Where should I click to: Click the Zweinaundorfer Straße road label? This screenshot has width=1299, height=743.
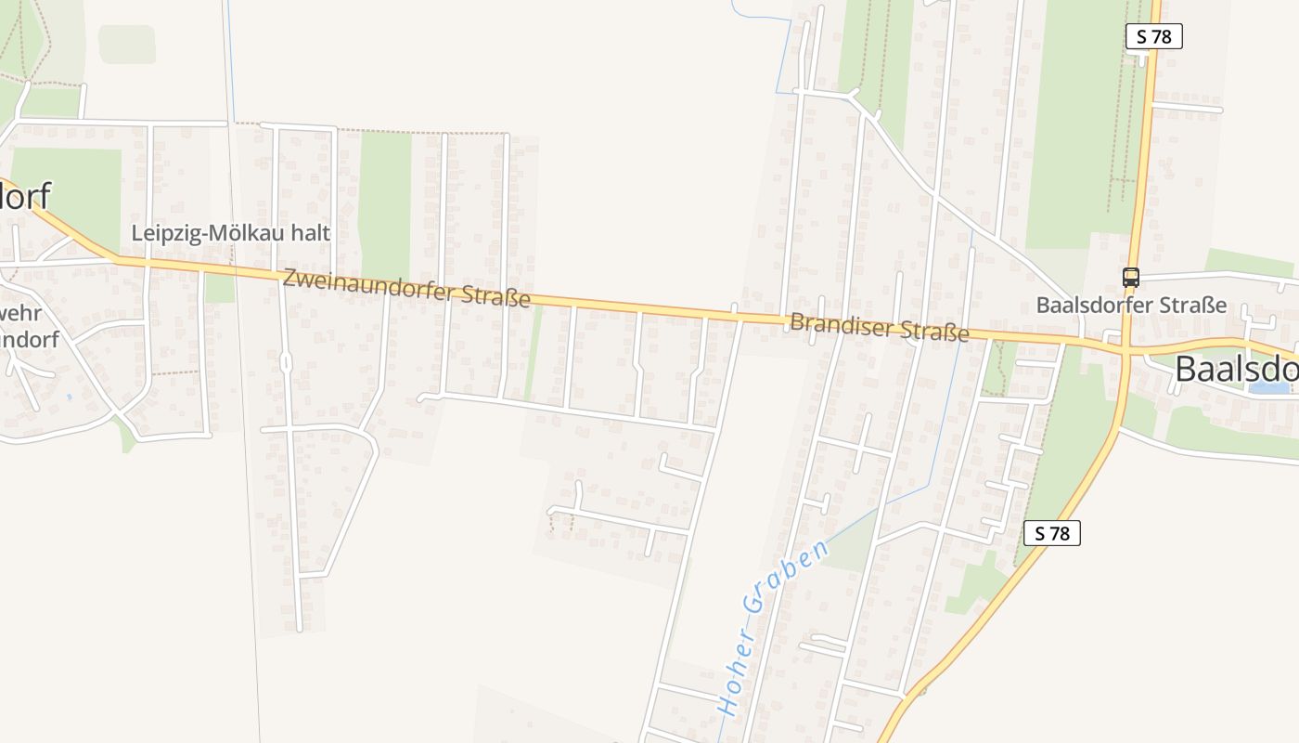(406, 288)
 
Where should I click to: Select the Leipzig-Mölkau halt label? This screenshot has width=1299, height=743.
(230, 233)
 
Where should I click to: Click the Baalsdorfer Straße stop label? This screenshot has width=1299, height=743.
(1131, 305)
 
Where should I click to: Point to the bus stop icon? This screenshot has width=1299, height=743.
(1130, 277)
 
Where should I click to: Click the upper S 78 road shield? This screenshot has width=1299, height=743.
(1153, 37)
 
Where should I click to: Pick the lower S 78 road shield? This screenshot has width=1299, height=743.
(1052, 533)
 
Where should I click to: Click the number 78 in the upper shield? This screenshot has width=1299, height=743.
(1162, 37)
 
